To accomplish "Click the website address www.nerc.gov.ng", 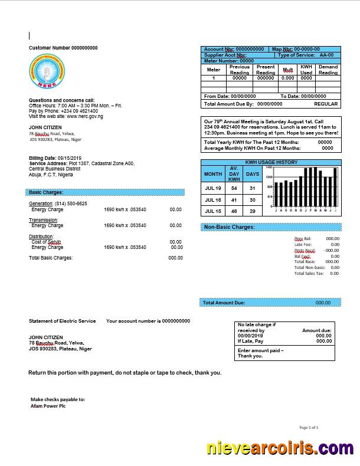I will pos(84,116).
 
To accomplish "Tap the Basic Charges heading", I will pos(46,192).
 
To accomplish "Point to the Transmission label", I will pos(44,220).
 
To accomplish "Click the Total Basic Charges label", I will pos(51,258).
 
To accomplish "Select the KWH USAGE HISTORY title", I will pos(271,162).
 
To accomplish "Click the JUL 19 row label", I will pos(213,189).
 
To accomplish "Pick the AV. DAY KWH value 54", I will pos(234,189).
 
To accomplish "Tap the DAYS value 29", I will pos(253,211).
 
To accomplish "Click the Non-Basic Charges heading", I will pos(229,227).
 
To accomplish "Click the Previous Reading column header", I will pos(240,70).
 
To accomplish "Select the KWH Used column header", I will pos(306,70).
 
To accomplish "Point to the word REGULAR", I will pos(326,104).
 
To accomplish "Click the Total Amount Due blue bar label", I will pos(224,303).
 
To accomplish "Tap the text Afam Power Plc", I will pos(48,406).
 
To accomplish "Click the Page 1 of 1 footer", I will pos(309,427).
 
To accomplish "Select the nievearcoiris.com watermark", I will pos(280,449).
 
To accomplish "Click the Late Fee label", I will pos(303,244).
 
